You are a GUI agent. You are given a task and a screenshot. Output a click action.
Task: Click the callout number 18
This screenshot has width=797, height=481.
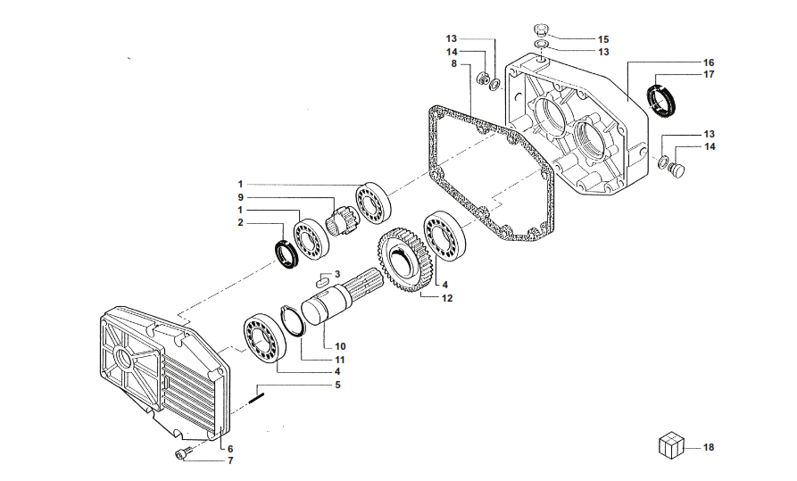click(x=709, y=447)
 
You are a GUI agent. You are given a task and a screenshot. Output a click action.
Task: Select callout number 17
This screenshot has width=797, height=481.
click(x=709, y=75)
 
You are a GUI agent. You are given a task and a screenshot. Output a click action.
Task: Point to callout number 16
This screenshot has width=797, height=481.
click(x=709, y=62)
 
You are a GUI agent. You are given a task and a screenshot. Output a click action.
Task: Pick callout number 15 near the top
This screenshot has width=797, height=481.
click(x=603, y=39)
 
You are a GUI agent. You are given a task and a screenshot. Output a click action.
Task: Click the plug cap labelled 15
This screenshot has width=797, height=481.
click(x=542, y=29)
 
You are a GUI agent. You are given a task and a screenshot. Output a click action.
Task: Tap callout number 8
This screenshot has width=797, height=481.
click(x=454, y=63)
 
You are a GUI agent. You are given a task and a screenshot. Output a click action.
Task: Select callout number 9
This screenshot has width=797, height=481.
click(x=240, y=196)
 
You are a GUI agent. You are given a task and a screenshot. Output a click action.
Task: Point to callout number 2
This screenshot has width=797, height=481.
click(x=240, y=223)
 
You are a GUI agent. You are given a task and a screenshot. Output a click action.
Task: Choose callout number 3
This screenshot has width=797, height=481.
click(x=337, y=274)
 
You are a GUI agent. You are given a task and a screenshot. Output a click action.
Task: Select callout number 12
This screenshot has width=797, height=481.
click(x=447, y=298)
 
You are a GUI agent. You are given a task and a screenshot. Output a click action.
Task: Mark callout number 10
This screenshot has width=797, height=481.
click(x=340, y=345)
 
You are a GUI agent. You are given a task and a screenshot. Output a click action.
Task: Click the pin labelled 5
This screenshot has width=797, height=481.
click(x=258, y=394)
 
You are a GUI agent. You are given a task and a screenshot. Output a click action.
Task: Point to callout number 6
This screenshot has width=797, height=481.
click(x=229, y=448)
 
